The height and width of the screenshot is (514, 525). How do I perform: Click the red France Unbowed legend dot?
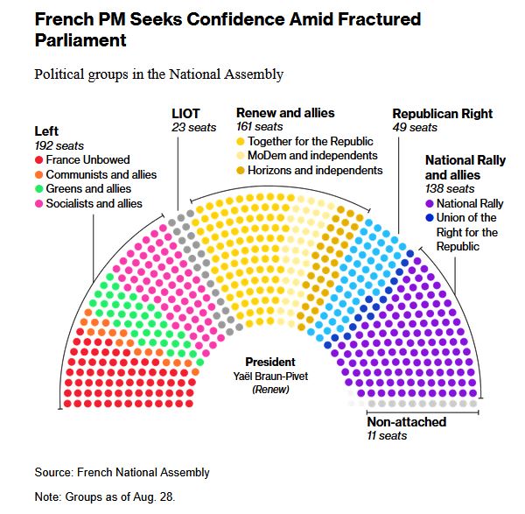pos(40,160)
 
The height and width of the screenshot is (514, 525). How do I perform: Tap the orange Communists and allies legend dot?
pos(40,174)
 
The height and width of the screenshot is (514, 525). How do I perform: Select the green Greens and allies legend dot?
pos(40,188)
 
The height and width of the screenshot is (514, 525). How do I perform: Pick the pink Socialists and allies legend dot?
pos(40,203)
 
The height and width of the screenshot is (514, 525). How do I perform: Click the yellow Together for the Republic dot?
pos(241,141)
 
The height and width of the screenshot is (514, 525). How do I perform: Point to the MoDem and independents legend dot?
pos(241,155)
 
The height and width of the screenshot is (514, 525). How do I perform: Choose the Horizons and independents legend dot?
pos(241,169)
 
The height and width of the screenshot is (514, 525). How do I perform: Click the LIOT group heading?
pos(185,114)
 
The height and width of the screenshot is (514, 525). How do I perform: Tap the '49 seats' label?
pos(415,128)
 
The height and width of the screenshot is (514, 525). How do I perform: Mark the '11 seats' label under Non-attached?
pos(387,436)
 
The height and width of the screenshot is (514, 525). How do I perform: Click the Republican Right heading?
pos(442,114)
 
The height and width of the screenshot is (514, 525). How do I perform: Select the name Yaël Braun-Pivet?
pos(270,376)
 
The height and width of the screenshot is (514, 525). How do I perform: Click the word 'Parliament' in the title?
pos(80,40)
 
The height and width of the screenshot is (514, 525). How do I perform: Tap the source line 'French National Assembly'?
pos(143,473)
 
